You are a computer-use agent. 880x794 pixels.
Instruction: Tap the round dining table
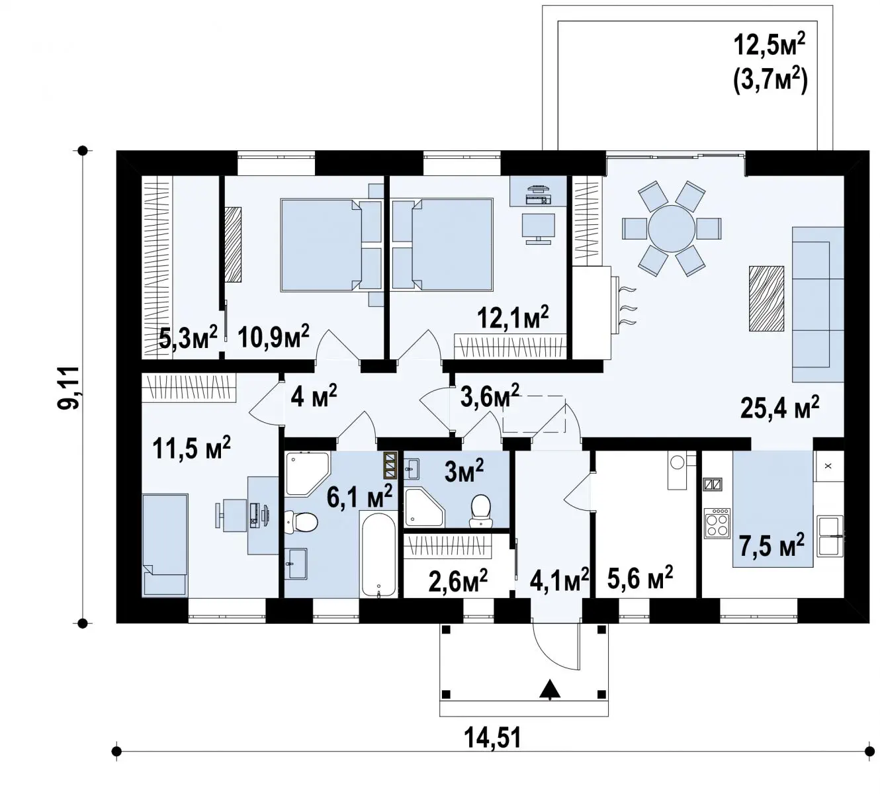point(672,228)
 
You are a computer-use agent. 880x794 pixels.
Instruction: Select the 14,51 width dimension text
point(493,738)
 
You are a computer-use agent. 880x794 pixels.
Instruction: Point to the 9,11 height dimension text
point(69,387)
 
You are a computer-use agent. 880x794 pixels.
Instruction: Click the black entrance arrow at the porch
point(550,689)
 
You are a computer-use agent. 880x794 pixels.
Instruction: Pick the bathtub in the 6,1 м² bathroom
point(378,554)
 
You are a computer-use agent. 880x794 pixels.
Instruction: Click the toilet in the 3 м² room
point(481,511)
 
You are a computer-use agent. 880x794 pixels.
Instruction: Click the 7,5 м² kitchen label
point(771,545)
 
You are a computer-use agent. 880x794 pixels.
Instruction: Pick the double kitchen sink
point(830,536)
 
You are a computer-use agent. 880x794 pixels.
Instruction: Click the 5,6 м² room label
point(640,578)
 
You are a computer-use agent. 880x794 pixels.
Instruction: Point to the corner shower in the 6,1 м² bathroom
point(306,474)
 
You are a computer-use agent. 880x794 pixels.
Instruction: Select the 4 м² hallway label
point(314,396)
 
